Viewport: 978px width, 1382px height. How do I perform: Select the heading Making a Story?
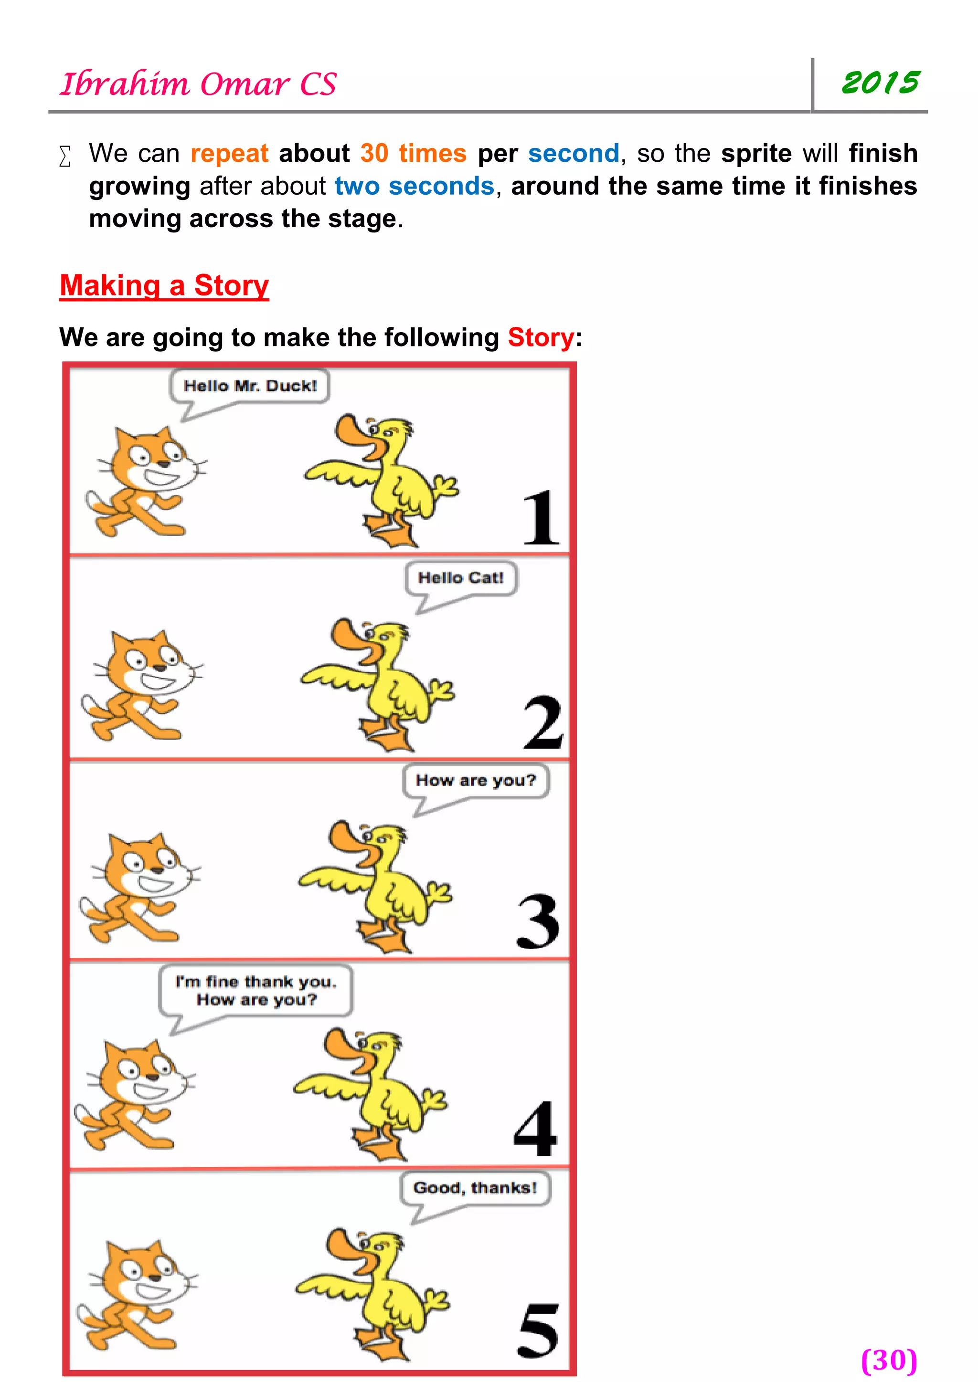click(164, 285)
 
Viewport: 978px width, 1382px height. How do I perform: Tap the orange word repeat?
click(229, 154)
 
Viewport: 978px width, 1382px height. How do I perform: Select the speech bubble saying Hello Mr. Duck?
click(250, 386)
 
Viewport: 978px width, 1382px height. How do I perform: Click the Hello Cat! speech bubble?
click(461, 578)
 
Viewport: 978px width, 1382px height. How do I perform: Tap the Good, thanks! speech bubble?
click(475, 1188)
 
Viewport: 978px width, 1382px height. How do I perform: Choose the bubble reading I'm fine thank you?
click(256, 990)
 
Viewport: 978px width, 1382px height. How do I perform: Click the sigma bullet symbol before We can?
click(65, 156)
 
